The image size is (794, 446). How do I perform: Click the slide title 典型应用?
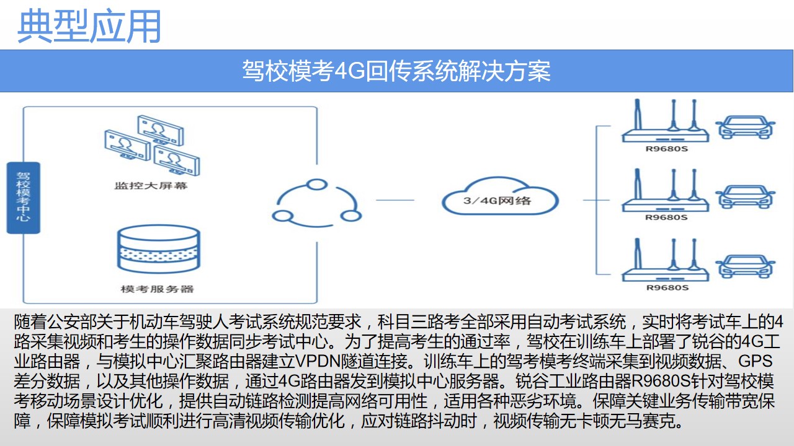[x=89, y=26]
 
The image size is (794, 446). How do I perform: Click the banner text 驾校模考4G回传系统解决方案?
[x=396, y=71]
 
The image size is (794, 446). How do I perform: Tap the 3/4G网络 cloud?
[x=500, y=196]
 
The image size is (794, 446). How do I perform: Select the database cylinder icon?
[x=159, y=249]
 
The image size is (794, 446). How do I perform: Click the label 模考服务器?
[x=158, y=289]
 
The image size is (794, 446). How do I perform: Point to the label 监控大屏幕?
[x=151, y=186]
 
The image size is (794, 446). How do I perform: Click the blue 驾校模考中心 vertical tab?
[x=24, y=198]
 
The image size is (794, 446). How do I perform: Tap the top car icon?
[x=745, y=127]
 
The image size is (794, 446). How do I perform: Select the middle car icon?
[x=745, y=196]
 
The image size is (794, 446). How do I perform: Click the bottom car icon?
[x=745, y=266]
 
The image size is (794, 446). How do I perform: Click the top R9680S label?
[x=667, y=149]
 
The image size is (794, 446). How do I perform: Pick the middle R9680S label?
[x=667, y=217]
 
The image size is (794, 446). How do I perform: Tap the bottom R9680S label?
[x=667, y=287]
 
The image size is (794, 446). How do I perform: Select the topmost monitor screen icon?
[x=161, y=129]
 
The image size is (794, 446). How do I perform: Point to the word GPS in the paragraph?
[x=755, y=361]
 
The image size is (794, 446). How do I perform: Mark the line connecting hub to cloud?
[x=395, y=200]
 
